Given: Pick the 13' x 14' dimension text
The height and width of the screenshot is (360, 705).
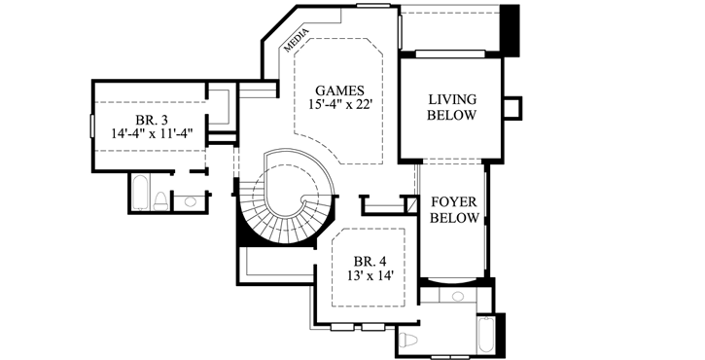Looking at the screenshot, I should (369, 275).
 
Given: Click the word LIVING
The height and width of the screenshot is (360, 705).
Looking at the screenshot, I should (452, 99).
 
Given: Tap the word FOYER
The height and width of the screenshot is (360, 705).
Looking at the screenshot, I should (454, 202).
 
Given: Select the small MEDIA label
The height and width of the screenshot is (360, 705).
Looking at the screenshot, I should (296, 39).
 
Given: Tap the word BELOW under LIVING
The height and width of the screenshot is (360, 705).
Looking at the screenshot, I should (452, 116).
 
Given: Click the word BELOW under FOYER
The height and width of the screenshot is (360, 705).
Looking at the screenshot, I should (454, 219).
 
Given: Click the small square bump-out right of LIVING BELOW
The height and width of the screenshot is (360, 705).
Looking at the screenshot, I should (512, 106).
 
